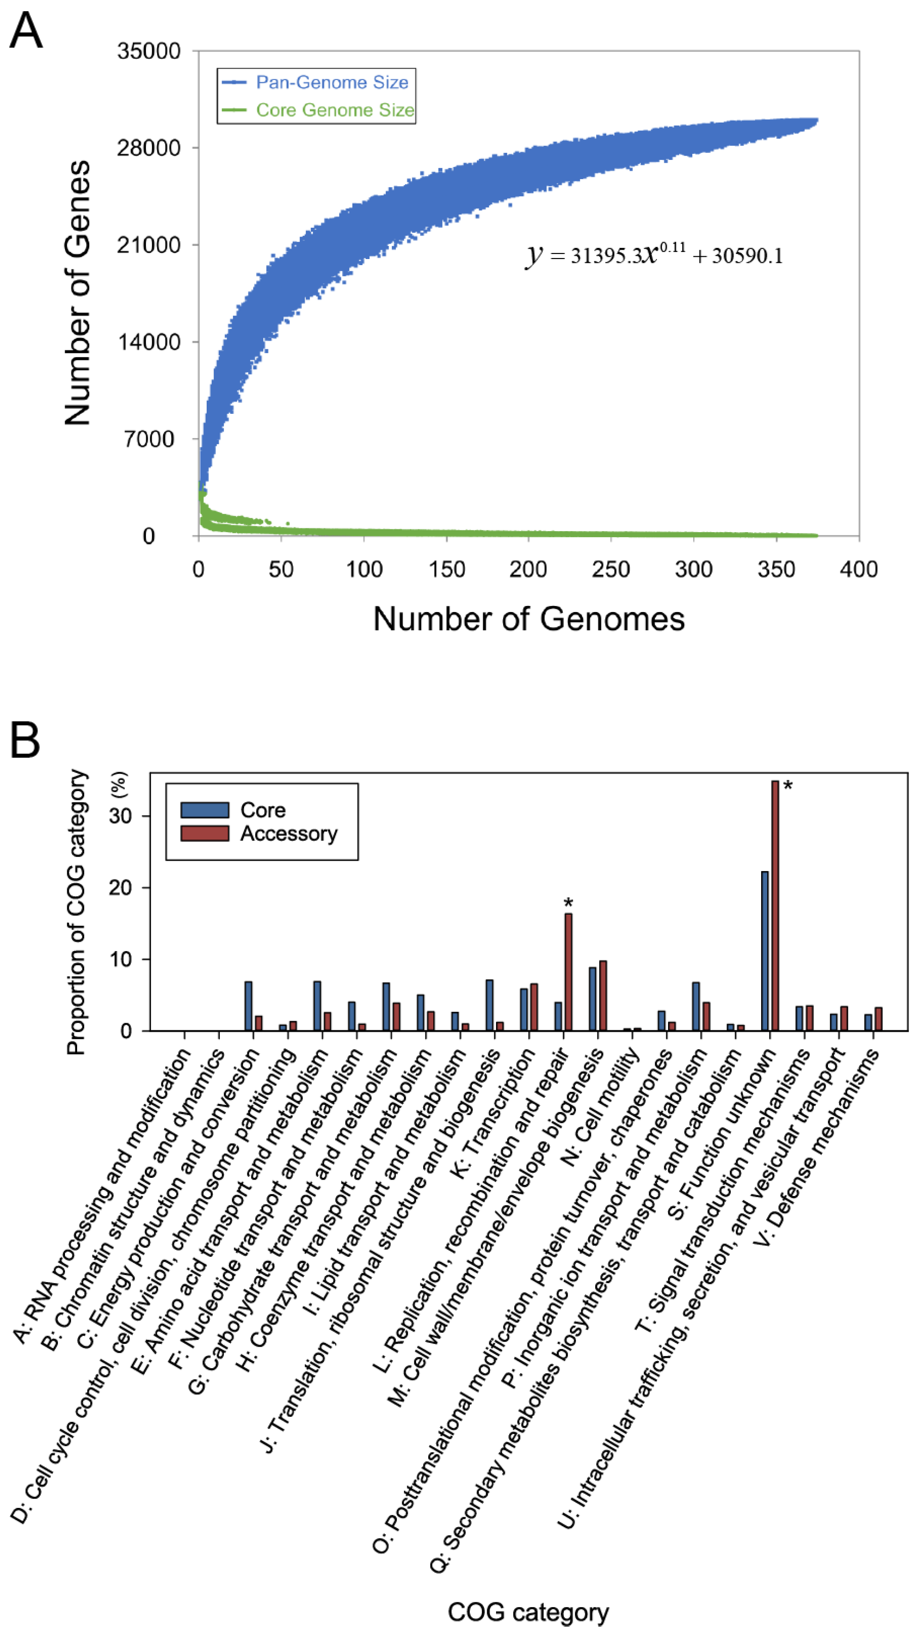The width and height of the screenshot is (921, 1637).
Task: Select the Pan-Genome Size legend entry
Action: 331,82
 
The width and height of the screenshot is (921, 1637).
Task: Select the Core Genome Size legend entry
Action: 334,110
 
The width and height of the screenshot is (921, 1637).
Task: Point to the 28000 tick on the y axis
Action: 149,148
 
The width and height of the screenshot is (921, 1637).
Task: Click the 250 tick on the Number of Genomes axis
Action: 611,569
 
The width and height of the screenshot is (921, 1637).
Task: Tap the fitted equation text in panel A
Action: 654,255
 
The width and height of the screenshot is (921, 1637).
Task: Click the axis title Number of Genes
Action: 78,292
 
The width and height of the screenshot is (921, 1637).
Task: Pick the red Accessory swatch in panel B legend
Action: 204,833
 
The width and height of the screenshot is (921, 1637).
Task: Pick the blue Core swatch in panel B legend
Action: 204,809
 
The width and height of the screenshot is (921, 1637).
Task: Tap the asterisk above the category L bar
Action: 568,902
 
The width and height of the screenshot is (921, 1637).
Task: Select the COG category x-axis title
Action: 528,1612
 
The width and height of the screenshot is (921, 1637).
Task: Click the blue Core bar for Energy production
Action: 248,1005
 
